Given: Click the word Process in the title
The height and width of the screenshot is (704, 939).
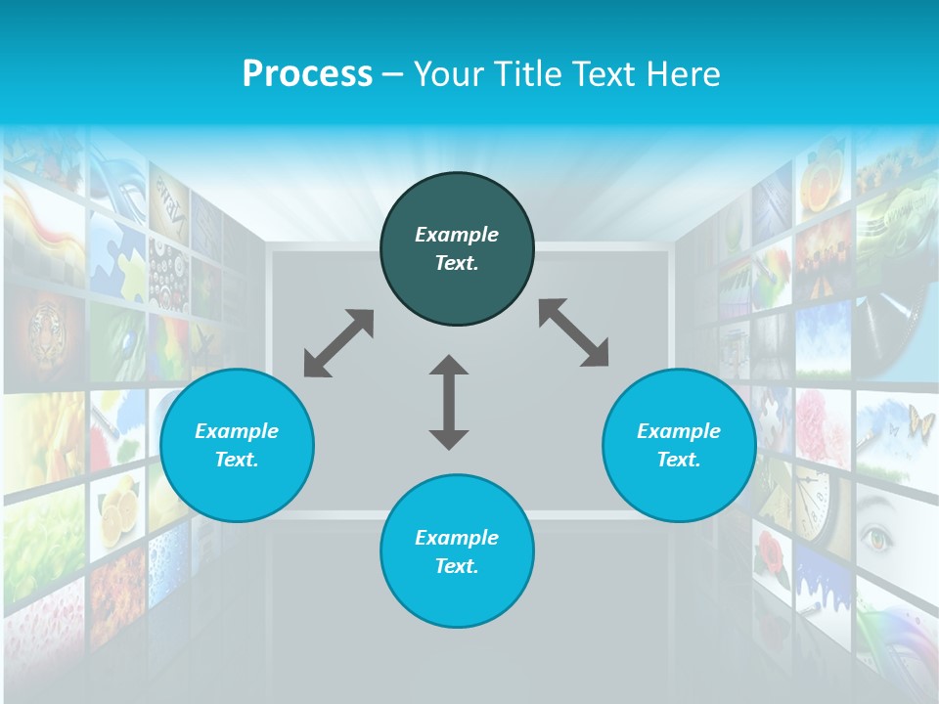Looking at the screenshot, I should [307, 74].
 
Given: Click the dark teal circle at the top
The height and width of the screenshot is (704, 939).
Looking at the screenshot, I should [457, 248].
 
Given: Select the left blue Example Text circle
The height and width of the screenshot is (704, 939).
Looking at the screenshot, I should [237, 445].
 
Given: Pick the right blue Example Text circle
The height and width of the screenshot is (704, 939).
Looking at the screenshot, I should [679, 445].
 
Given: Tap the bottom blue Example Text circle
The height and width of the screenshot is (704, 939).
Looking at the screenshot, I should [457, 551].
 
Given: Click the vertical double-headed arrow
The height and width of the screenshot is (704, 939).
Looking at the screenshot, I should [449, 402].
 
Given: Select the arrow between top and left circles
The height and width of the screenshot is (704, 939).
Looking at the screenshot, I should [338, 343].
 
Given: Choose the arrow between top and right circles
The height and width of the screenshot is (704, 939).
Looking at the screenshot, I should [573, 332].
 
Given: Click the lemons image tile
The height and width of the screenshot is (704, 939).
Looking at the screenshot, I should [116, 508].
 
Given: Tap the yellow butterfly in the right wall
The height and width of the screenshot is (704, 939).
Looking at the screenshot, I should [920, 422].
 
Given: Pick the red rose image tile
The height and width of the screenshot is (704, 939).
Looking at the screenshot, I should [773, 552].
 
